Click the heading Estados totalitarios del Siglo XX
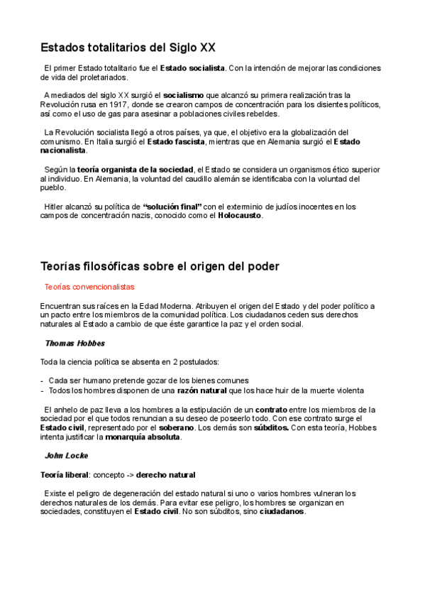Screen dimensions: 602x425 128,48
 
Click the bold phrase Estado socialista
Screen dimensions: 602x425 192,68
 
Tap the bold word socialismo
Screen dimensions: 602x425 184,94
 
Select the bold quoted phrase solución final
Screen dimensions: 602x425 172,207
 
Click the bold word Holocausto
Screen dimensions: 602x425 240,216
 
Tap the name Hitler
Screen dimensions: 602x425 55,207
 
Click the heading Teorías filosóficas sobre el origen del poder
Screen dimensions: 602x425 160,266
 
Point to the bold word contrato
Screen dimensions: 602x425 271,410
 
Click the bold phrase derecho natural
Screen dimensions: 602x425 165,474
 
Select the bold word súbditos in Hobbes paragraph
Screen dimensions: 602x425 267,428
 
